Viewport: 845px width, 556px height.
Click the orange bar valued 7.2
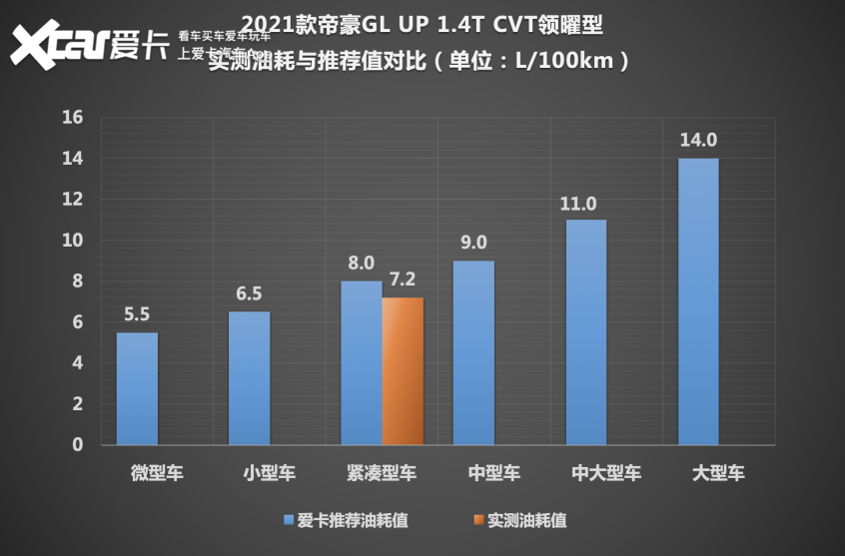(403, 371)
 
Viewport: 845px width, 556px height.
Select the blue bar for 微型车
(137, 388)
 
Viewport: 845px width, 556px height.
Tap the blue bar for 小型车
(249, 378)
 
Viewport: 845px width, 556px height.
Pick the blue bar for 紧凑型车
(361, 363)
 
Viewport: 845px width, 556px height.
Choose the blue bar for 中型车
(473, 352)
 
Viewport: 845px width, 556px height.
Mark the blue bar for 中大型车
(585, 332)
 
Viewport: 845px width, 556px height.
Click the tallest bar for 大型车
(697, 301)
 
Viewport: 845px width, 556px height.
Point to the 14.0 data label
(698, 140)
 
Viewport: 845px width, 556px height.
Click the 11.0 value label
(578, 203)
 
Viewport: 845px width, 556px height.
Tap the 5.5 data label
(137, 313)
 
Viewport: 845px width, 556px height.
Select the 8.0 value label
(361, 263)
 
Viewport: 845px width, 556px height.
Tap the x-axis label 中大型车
(606, 473)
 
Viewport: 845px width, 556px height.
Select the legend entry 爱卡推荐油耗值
(346, 520)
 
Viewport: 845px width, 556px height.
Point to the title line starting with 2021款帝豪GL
(422, 22)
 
